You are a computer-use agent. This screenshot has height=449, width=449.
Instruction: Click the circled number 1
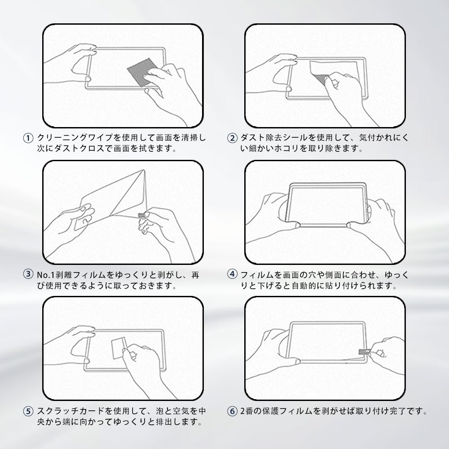click(x=28, y=138)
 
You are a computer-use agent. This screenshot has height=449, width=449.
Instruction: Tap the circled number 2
click(x=232, y=138)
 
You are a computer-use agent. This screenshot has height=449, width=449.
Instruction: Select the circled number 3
click(x=28, y=274)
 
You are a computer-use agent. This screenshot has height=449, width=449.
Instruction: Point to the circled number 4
click(x=232, y=274)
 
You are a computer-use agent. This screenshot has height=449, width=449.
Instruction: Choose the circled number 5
click(x=28, y=411)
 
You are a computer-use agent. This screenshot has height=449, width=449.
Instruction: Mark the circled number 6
click(x=232, y=411)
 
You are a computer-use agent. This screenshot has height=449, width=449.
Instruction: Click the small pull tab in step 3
click(x=141, y=215)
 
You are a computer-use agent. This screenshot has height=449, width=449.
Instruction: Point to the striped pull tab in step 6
click(x=363, y=351)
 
